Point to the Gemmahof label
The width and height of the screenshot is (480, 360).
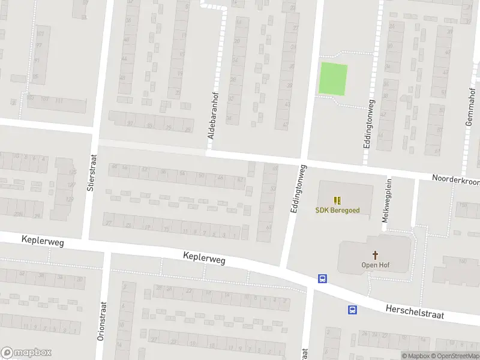[470, 109]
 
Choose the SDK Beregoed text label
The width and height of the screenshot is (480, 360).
[338, 210]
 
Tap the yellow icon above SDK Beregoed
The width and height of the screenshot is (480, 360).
[338, 200]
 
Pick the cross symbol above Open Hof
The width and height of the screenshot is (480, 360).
[376, 255]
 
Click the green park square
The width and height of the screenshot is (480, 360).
[332, 79]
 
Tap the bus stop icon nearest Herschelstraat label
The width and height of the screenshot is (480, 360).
[352, 310]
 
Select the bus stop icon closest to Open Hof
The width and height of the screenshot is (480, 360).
[322, 278]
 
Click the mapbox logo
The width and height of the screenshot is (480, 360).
[26, 353]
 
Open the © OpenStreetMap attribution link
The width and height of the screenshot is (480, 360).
[455, 356]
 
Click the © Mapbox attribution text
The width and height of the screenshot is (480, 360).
[415, 356]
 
